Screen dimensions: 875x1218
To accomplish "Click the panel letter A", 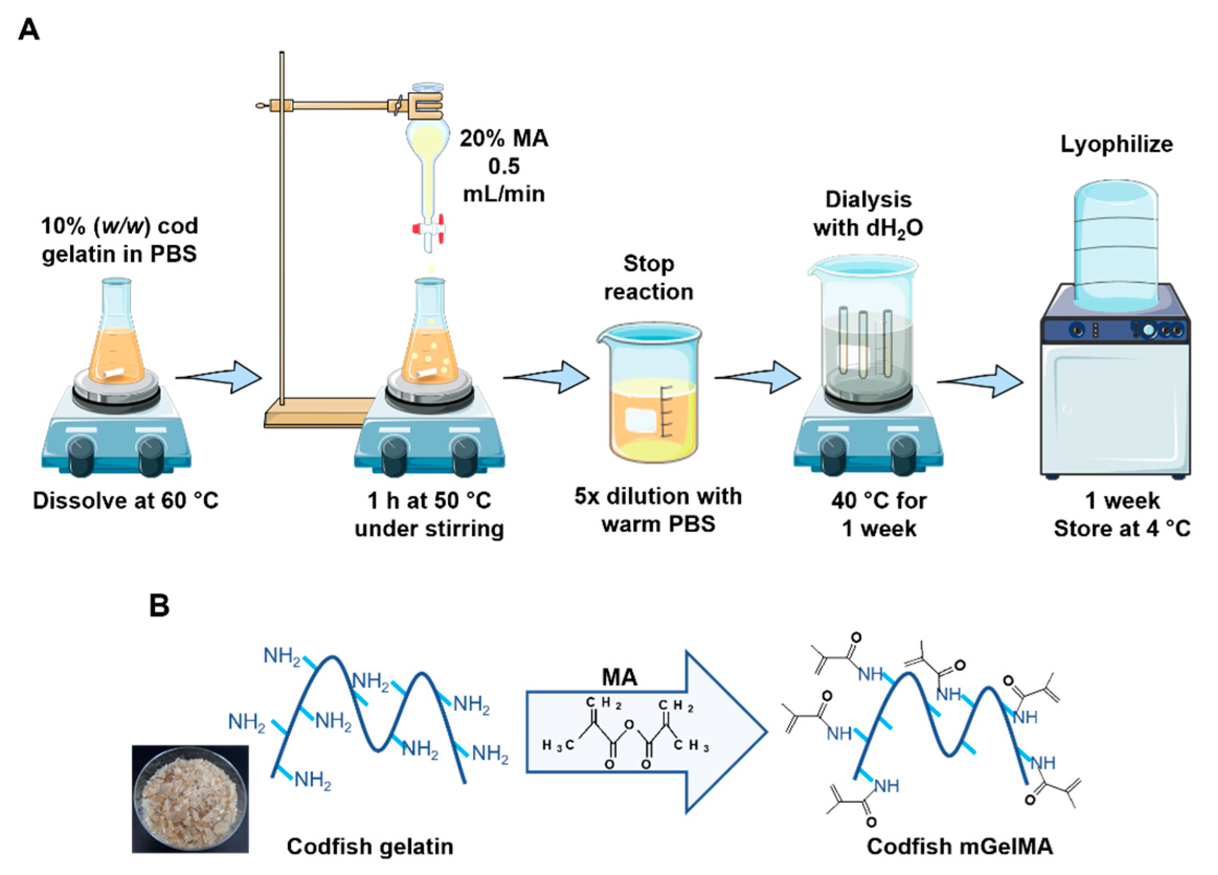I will (28, 29).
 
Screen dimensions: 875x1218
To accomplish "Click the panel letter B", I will (159, 606).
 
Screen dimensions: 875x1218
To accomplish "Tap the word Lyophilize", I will (1116, 144).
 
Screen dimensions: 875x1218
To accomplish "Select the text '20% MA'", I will (504, 139).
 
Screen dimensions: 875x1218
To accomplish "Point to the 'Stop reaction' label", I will (649, 278).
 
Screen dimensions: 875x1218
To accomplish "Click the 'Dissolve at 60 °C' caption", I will (126, 501).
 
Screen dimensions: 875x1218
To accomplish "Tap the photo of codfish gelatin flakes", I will (190, 799).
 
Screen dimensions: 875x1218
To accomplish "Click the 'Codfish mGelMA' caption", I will (960, 847).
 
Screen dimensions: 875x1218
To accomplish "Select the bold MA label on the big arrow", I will (619, 677).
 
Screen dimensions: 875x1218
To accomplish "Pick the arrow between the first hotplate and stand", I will (220, 378).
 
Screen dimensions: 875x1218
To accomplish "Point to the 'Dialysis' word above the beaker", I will (869, 200).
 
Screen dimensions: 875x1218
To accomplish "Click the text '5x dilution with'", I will (658, 496).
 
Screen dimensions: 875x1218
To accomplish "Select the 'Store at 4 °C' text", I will (1122, 529).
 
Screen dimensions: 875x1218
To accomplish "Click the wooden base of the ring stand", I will (317, 413).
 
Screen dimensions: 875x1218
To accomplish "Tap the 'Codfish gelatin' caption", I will (370, 847).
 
